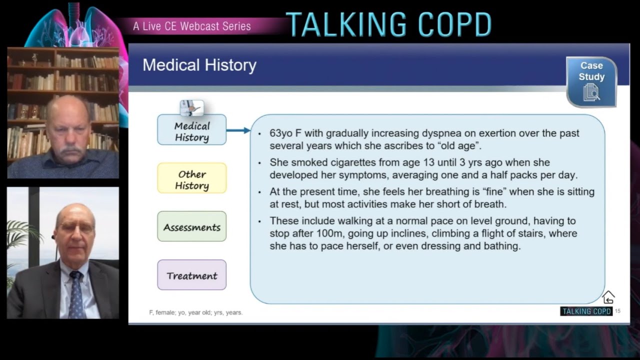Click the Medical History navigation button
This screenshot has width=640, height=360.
pyautogui.click(x=191, y=131)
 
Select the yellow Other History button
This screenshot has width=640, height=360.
pyautogui.click(x=191, y=179)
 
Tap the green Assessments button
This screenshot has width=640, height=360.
pyautogui.click(x=191, y=227)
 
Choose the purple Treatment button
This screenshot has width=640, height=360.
pyautogui.click(x=191, y=275)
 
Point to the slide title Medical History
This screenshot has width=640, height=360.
pyautogui.click(x=199, y=65)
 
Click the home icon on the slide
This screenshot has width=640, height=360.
pyautogui.click(x=608, y=297)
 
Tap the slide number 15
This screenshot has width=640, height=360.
pyautogui.click(x=617, y=311)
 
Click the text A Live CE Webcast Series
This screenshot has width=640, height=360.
pyautogui.click(x=192, y=26)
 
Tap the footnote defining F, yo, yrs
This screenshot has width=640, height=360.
pyautogui.click(x=195, y=312)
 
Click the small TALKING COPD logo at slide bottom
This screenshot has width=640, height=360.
pyautogui.click(x=586, y=311)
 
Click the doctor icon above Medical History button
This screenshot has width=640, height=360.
pyautogui.click(x=191, y=107)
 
